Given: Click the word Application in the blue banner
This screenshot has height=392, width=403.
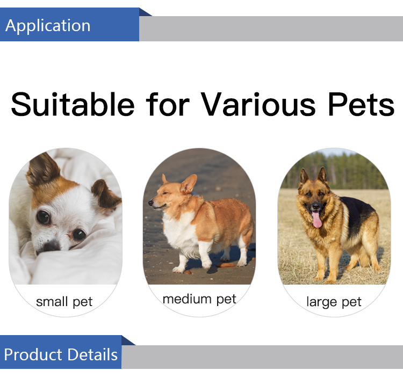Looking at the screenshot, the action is (x=48, y=26).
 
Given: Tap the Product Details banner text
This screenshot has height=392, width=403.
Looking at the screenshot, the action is (x=61, y=354).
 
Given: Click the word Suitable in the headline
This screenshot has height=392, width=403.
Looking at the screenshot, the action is (x=73, y=104).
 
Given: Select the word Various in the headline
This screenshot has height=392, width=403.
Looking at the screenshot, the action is (x=258, y=104).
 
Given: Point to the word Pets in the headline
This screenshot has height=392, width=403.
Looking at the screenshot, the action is (x=361, y=104).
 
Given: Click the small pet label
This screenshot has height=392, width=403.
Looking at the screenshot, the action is (x=64, y=302).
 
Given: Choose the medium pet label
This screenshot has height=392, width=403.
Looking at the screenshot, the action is (x=199, y=299).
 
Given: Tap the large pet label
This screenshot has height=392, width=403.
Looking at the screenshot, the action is (x=334, y=302).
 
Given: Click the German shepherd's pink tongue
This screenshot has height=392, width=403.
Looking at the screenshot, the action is (x=317, y=219).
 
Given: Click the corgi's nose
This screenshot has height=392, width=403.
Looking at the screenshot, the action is (x=150, y=203).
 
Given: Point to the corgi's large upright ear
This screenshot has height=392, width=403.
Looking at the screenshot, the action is (x=189, y=184).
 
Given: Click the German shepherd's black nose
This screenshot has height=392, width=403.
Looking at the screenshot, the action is (x=316, y=206).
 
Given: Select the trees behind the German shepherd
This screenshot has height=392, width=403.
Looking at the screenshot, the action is (x=334, y=171).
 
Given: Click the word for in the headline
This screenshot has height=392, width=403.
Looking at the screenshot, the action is (x=168, y=104).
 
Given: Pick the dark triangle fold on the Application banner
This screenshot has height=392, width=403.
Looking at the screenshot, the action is (x=144, y=13).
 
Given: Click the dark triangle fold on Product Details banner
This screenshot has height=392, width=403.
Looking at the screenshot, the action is (x=127, y=341).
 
